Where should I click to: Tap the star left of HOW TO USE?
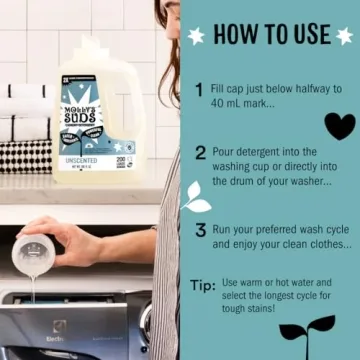[x=196, y=35]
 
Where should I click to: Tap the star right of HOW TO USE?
[x=344, y=35]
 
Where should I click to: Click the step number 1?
[x=200, y=89]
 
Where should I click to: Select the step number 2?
[x=200, y=153]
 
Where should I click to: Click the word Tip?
[x=203, y=285]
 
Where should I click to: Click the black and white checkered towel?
[x=25, y=155]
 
